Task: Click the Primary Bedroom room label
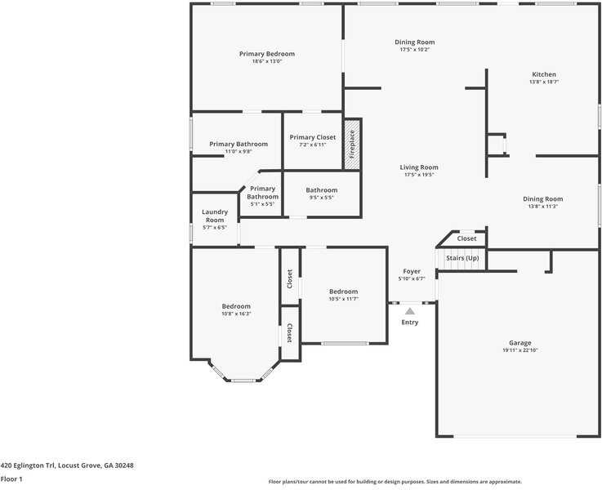click(x=267, y=54)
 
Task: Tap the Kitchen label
click(x=543, y=74)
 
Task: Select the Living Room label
click(x=419, y=167)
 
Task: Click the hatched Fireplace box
click(x=352, y=145)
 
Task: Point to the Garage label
click(x=520, y=343)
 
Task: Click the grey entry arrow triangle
click(x=410, y=310)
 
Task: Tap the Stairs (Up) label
click(x=462, y=258)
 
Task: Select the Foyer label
click(x=412, y=271)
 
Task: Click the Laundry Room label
click(x=215, y=216)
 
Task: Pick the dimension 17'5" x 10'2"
click(x=415, y=50)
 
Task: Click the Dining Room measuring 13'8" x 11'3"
click(x=543, y=199)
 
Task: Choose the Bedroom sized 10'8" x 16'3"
click(x=236, y=306)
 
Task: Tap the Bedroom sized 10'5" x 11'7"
click(x=343, y=292)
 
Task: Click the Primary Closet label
click(x=313, y=137)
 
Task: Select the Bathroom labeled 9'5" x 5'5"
click(x=322, y=190)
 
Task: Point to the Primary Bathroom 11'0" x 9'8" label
click(x=239, y=144)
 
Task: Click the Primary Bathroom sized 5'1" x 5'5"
click(x=263, y=192)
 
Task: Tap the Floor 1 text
click(x=11, y=479)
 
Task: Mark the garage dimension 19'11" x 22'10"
click(x=520, y=350)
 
